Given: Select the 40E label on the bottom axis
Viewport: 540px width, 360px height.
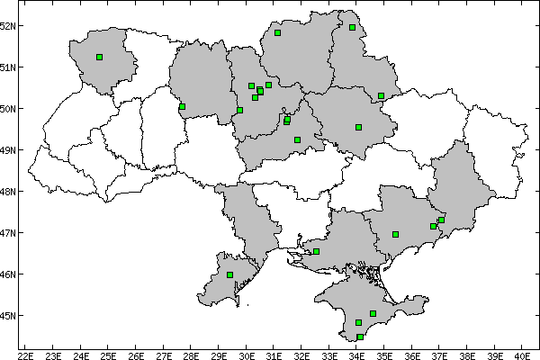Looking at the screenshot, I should (521, 354).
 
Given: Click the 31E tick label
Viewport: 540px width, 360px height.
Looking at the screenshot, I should (274, 354).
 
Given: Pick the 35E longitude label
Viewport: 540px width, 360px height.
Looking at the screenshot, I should (383, 354).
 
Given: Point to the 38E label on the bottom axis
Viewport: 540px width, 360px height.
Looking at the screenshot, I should (466, 354).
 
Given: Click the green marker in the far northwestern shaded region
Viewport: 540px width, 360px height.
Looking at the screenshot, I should (99, 57).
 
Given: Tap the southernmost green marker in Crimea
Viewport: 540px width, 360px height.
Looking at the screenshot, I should (360, 337).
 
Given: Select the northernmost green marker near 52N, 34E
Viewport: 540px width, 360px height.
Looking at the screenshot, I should (352, 27).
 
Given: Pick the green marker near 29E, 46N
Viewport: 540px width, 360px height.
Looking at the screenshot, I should (229, 274).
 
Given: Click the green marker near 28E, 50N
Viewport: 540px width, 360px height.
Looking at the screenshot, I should (182, 106).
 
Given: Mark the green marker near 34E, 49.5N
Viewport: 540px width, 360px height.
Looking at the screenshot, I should (358, 127).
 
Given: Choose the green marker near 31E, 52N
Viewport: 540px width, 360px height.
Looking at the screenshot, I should (277, 32).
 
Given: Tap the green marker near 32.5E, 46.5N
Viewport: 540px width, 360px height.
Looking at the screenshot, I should (316, 251).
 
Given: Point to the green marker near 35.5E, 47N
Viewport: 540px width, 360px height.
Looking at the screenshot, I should (395, 234).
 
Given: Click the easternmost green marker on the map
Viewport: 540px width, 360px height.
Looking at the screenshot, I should (441, 220).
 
